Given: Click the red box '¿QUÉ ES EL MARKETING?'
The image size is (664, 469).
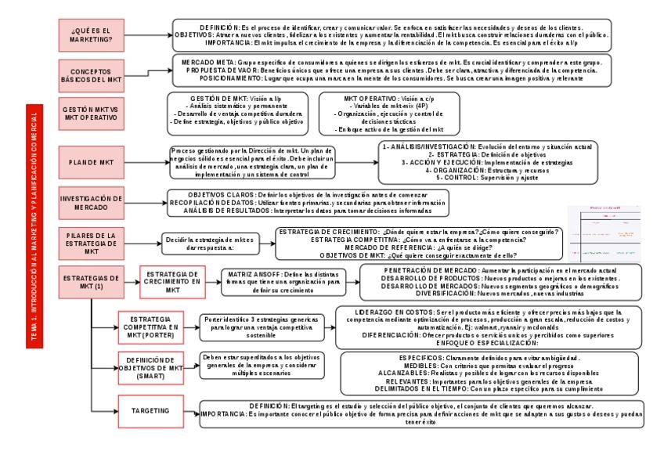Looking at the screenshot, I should (91, 34).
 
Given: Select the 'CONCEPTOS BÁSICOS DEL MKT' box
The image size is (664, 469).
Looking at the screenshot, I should (91, 76).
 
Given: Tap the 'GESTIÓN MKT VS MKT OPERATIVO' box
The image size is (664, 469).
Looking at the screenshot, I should (91, 114).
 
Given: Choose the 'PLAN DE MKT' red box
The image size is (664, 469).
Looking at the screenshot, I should (91, 162).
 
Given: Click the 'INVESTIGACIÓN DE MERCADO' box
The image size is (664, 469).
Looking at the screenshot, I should (91, 203).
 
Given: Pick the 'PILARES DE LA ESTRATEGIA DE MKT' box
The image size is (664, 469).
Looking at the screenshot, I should (91, 242).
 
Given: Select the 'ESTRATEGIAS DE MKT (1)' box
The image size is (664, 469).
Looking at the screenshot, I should (91, 282).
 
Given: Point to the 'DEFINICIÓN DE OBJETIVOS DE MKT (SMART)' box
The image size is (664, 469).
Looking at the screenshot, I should (154, 367).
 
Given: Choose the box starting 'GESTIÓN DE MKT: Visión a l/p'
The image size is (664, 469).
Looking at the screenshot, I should (236, 114).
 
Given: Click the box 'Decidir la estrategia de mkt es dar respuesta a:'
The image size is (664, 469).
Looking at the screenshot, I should (209, 242).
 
